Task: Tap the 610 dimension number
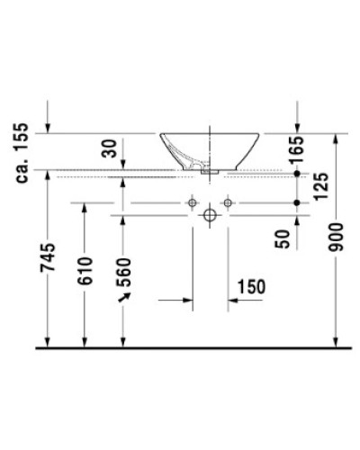(x=85, y=270)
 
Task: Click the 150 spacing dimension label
(x=251, y=287)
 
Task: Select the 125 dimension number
(x=298, y=186)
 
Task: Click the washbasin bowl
(x=210, y=148)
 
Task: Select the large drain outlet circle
(x=209, y=217)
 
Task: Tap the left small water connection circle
(x=192, y=204)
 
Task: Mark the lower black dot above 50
(x=298, y=204)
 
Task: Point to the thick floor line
(x=189, y=346)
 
